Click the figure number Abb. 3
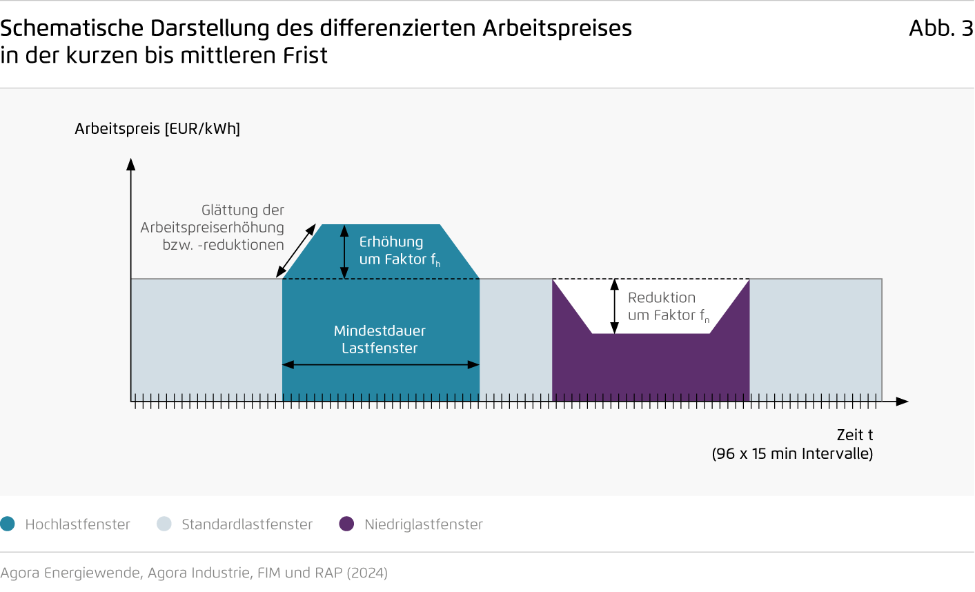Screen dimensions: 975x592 click(x=941, y=28)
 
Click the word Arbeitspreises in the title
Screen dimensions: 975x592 click(x=557, y=29)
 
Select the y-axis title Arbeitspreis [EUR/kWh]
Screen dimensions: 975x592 click(x=157, y=129)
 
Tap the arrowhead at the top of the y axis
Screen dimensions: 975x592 click(x=130, y=164)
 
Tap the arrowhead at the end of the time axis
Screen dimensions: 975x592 click(x=903, y=402)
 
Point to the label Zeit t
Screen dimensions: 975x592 click(x=855, y=435)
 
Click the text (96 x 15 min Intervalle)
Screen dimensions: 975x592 click(x=793, y=453)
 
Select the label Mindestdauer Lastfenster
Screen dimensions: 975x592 click(x=380, y=339)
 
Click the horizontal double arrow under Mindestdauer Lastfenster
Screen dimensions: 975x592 click(x=381, y=365)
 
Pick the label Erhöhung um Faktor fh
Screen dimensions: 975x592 click(x=400, y=250)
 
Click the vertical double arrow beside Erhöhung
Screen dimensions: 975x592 click(x=344, y=252)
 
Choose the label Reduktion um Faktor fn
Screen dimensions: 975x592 click(x=668, y=306)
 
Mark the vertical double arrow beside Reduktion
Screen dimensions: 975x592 click(x=614, y=306)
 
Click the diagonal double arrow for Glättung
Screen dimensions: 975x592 click(x=296, y=250)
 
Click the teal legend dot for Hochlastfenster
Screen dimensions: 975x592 click(x=8, y=524)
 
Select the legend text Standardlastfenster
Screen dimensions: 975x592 click(x=247, y=524)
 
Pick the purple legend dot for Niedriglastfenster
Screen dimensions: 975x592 click(x=346, y=524)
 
